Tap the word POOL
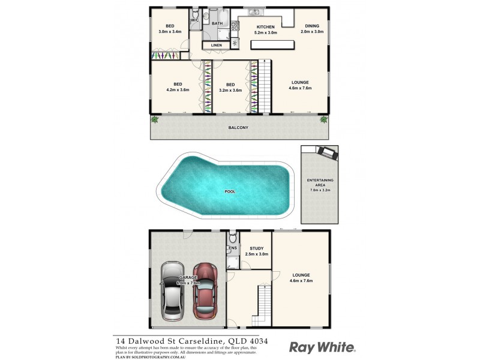click(230, 192)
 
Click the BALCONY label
click(238, 128)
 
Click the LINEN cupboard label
click(216, 45)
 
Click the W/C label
click(194, 21)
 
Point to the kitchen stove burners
click(235, 43)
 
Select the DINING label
click(312, 26)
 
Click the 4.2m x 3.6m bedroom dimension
click(178, 91)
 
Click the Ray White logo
click(322, 347)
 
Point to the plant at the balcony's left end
click(155, 119)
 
